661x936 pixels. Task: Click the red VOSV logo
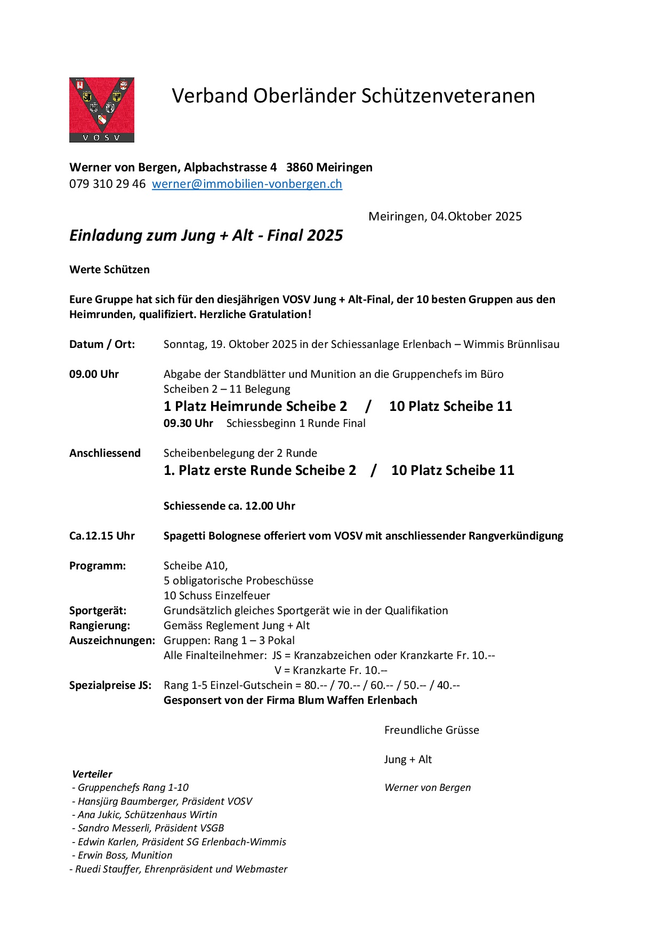(x=101, y=110)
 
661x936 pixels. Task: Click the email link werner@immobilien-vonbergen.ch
(x=247, y=184)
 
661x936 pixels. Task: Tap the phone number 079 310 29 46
(x=107, y=184)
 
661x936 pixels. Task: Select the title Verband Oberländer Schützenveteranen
(x=353, y=96)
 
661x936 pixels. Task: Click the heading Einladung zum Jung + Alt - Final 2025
(x=206, y=236)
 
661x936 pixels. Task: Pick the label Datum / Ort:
(x=102, y=345)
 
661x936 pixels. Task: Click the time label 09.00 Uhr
(x=94, y=375)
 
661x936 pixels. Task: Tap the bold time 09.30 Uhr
(x=188, y=424)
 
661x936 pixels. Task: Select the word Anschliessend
(x=105, y=454)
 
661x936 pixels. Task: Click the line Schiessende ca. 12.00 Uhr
(x=229, y=506)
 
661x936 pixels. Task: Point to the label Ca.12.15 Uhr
(x=102, y=536)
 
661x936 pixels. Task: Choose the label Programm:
(x=98, y=566)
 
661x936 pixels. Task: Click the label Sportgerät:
(x=98, y=611)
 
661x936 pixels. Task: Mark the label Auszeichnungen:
(x=112, y=641)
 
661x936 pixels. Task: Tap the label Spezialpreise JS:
(x=110, y=686)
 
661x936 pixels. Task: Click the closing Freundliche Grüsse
(x=431, y=731)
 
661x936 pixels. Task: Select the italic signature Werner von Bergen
(x=428, y=788)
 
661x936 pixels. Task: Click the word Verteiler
(x=92, y=774)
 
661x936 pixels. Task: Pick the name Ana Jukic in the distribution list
(x=99, y=815)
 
